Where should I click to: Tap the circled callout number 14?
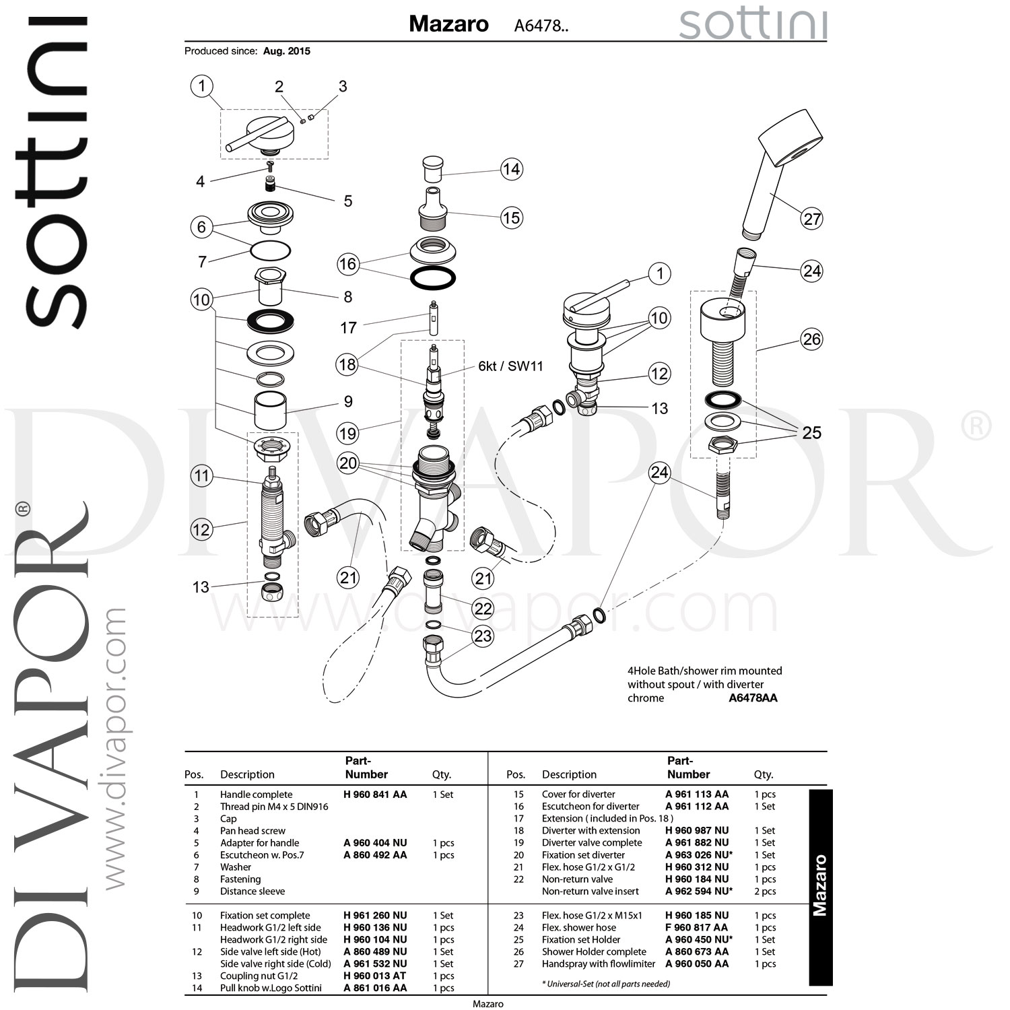(x=512, y=169)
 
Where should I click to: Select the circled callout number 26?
(x=812, y=339)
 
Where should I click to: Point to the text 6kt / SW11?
(x=510, y=366)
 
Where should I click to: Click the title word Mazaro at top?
(x=448, y=24)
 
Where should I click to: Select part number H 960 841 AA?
(x=375, y=795)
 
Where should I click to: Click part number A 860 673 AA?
(x=697, y=951)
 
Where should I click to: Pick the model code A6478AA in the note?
(x=753, y=698)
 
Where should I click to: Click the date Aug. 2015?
(x=287, y=51)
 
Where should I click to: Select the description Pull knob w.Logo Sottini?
(x=271, y=988)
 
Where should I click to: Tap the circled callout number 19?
(x=347, y=433)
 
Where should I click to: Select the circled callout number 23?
(x=483, y=636)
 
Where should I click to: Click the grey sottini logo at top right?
(x=753, y=25)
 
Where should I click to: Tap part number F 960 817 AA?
(x=697, y=927)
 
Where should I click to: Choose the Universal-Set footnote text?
(x=606, y=984)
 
